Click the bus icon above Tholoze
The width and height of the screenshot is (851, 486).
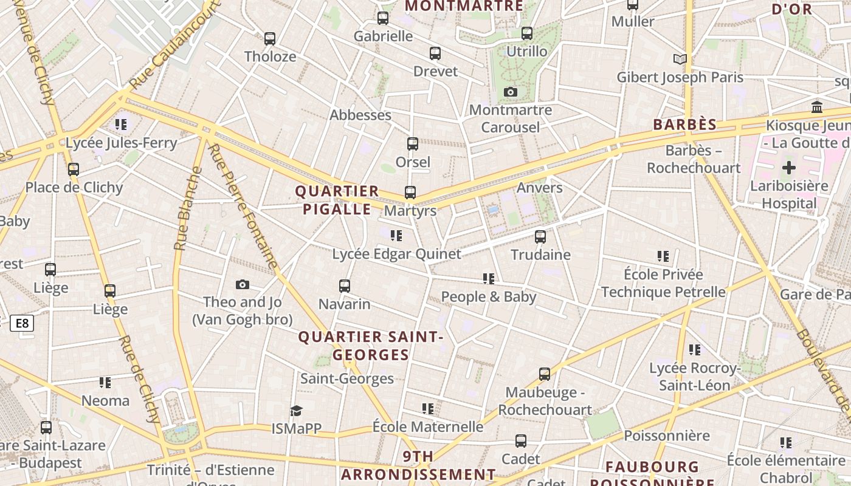270,39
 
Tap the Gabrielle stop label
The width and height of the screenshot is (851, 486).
383,36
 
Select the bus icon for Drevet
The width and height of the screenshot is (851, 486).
435,53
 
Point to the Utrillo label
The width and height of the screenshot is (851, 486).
527,52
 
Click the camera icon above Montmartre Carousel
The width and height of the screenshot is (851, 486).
511,92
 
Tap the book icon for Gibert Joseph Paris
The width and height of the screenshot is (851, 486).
680,60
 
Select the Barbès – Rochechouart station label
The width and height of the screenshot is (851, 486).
694,159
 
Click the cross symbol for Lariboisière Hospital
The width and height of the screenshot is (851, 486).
789,168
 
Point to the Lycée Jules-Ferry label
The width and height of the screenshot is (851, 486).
122,143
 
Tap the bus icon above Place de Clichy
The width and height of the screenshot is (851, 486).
74,169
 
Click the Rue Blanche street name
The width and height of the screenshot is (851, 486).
187,208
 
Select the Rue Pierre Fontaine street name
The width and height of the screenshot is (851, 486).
243,207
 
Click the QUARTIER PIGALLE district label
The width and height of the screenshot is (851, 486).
337,200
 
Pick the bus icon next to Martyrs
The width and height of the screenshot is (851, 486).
410,193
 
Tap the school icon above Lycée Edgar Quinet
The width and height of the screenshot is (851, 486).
396,236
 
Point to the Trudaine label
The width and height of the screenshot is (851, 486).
540,255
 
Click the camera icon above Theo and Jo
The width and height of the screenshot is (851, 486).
243,285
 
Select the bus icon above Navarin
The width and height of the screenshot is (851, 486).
345,286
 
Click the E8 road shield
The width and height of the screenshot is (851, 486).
22,323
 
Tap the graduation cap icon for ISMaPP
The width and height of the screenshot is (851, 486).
296,411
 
